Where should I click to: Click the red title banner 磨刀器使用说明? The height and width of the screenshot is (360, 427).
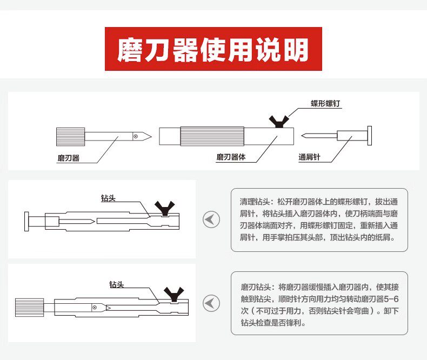(213, 49)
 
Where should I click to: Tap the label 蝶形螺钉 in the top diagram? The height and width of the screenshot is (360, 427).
(325, 103)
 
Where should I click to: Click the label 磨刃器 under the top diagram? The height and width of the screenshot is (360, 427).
(68, 158)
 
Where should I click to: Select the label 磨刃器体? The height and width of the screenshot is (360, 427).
(231, 157)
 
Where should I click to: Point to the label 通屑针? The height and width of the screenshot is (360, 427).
(310, 158)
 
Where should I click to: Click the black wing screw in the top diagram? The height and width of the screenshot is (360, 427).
(278, 122)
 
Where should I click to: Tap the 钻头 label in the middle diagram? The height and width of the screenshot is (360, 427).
(108, 198)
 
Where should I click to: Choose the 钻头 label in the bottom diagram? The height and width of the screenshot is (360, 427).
(116, 284)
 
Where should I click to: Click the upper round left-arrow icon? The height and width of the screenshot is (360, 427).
(211, 219)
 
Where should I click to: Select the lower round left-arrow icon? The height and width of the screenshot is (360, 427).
(211, 303)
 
